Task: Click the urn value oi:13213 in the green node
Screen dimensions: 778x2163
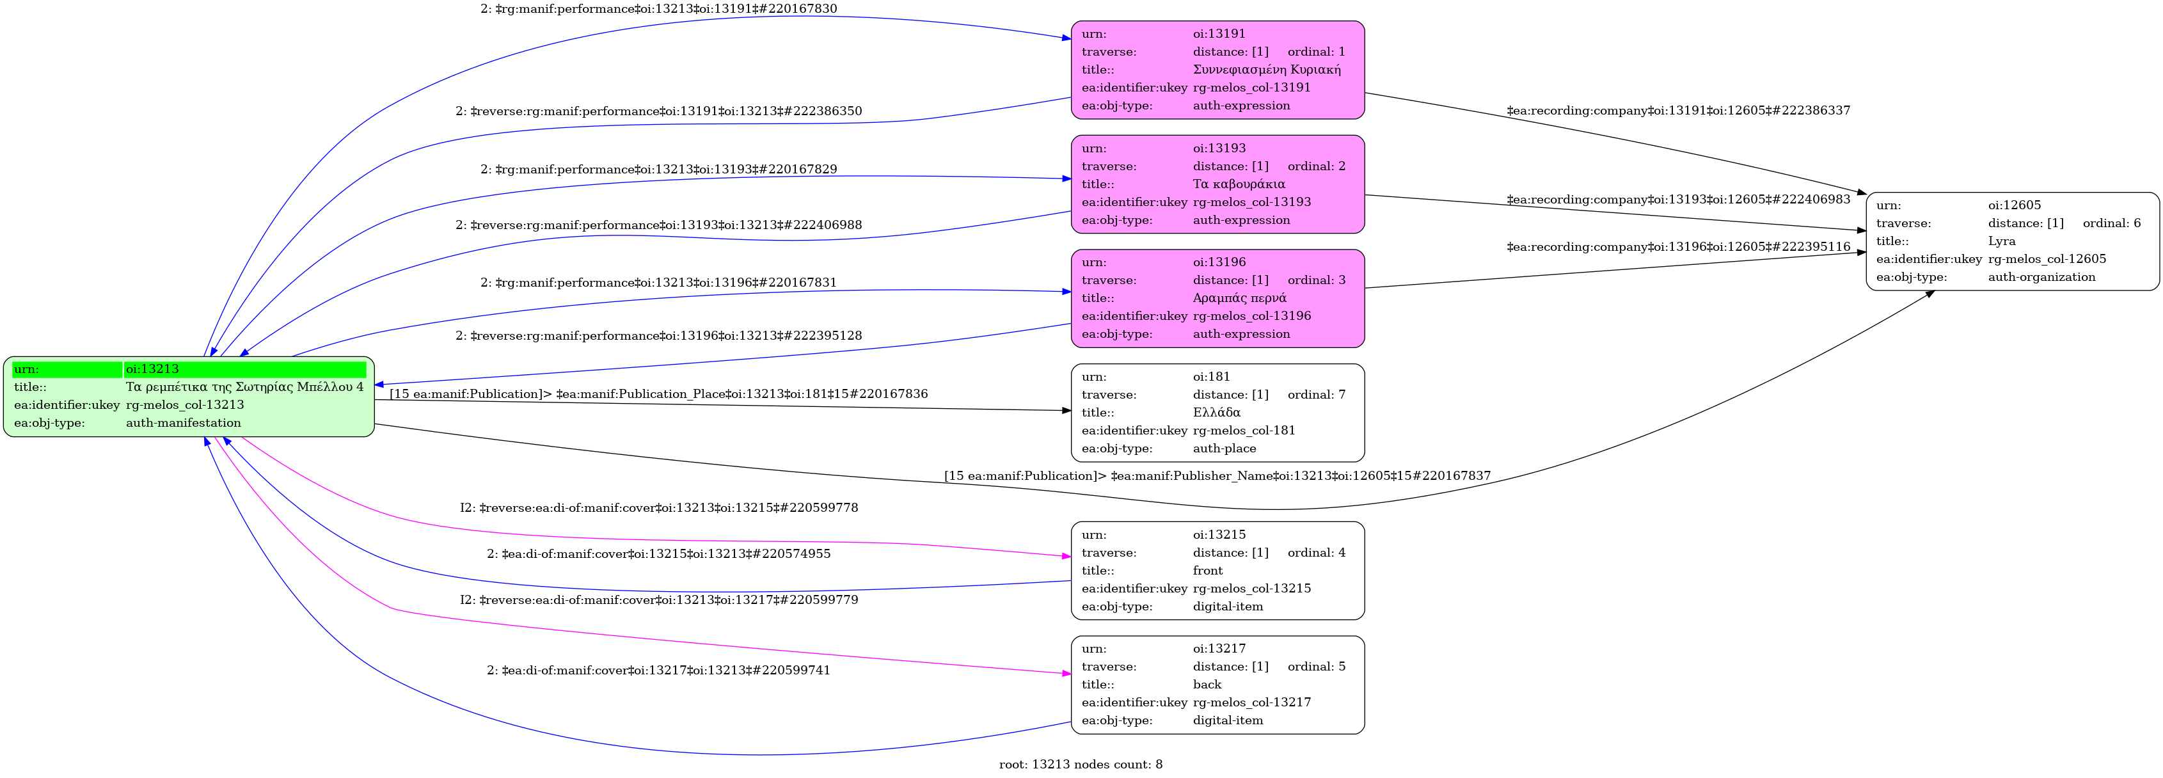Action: (x=152, y=369)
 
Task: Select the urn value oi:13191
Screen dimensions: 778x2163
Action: (x=1219, y=34)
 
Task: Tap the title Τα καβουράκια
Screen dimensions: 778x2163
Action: (x=1239, y=184)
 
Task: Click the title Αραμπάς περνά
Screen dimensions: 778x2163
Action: (x=1239, y=298)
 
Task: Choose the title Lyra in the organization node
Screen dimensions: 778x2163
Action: (x=2001, y=241)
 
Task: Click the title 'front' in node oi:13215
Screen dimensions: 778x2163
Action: (x=1207, y=571)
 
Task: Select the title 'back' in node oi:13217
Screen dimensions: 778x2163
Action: (x=1207, y=685)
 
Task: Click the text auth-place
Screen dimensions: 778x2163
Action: (x=1224, y=449)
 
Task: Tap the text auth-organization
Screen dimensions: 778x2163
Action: (x=2041, y=277)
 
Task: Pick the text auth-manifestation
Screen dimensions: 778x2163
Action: (x=183, y=423)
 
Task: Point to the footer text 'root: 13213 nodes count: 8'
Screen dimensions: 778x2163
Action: (x=1080, y=765)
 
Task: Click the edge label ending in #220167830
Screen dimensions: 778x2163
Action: (x=658, y=9)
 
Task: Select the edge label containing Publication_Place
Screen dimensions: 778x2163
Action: (x=658, y=394)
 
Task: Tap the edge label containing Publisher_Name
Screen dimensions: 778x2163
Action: (x=1217, y=475)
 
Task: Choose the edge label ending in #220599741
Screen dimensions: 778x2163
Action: (x=658, y=671)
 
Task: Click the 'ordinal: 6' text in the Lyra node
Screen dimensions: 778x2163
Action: (x=2111, y=223)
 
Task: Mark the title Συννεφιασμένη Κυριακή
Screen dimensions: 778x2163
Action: (x=1266, y=70)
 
